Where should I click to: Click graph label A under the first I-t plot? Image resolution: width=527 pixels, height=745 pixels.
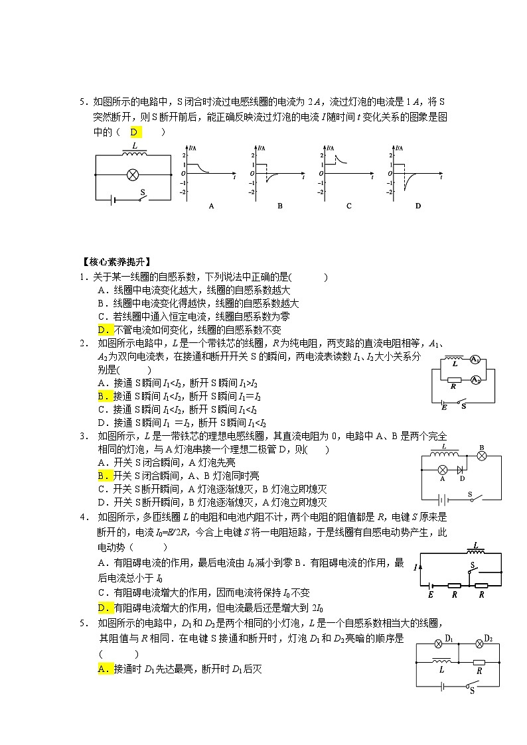[211, 206]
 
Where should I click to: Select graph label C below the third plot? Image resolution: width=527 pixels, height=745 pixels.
[348, 206]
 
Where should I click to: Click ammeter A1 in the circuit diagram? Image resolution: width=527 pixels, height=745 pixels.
[475, 360]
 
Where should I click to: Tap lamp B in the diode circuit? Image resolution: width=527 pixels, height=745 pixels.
[483, 456]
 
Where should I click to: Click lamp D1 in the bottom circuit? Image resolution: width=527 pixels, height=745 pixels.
[438, 644]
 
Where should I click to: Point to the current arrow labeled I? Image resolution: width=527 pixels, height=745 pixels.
[415, 568]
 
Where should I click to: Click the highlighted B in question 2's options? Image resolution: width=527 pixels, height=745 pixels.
[102, 396]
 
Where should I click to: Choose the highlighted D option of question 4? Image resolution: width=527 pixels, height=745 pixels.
[102, 608]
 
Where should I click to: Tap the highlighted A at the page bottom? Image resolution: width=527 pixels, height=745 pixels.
[102, 669]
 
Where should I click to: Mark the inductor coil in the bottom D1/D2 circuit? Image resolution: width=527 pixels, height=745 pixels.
[442, 661]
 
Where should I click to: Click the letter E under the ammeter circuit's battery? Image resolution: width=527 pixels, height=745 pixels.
[444, 406]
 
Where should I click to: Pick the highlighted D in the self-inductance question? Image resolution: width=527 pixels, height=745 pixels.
[102, 330]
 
